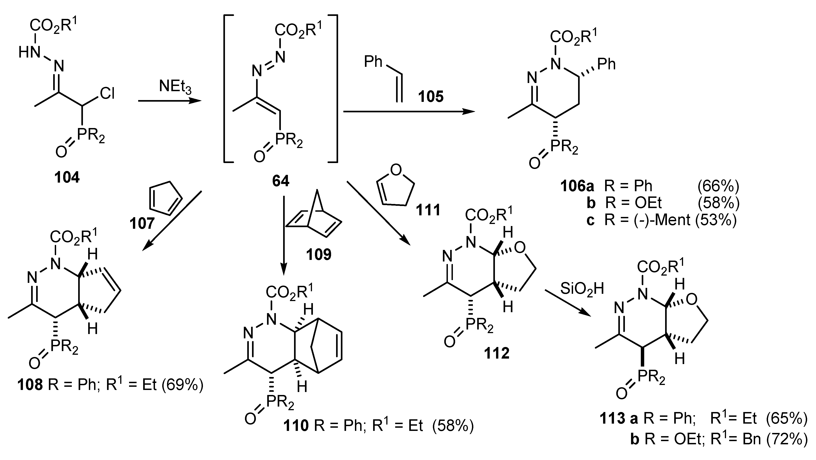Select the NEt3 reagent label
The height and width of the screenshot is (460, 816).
[175, 87]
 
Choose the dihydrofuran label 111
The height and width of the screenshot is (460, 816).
[428, 210]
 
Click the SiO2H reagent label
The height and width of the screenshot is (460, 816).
[582, 289]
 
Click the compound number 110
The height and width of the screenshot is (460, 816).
[296, 426]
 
